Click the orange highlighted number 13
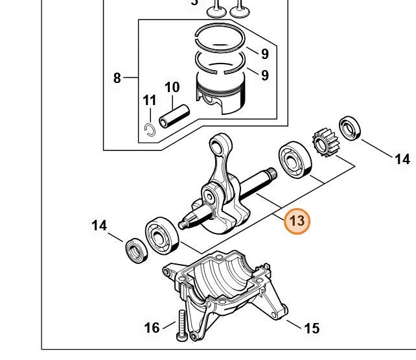click(x=297, y=221)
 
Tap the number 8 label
click(x=117, y=78)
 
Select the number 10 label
click(x=172, y=87)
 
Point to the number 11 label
click(x=150, y=101)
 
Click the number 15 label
click(x=312, y=328)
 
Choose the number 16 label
click(x=152, y=328)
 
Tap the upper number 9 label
click(x=265, y=53)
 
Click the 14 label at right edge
click(x=402, y=159)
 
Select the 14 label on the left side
click(x=99, y=226)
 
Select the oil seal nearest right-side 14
click(x=351, y=128)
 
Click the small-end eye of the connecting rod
click(x=218, y=143)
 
